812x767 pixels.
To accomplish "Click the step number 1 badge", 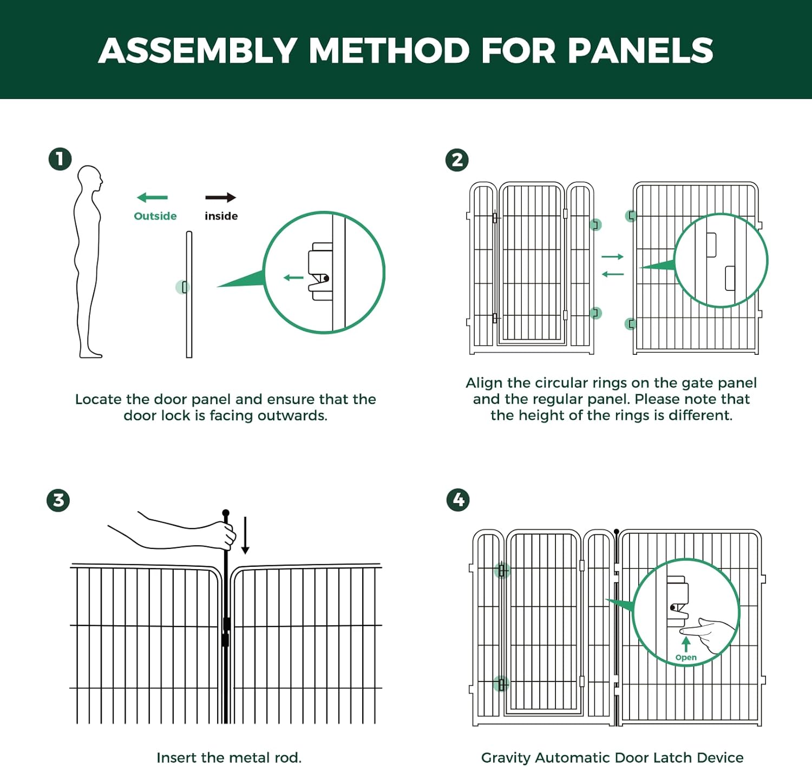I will coord(60,160).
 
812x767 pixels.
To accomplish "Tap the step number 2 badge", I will coord(457,160).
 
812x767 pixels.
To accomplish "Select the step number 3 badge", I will coord(58,500).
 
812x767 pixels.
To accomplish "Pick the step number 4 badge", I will coord(458,500).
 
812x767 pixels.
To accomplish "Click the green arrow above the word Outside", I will coord(153,198).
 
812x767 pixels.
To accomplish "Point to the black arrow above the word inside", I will coord(221,197).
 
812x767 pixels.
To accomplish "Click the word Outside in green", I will coord(155,216).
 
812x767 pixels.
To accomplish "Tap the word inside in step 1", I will coord(221,216).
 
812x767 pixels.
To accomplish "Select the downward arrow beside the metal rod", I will coord(245,535).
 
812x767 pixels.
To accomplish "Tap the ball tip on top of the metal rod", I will coord(226,513).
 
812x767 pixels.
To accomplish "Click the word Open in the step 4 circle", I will coord(686,658).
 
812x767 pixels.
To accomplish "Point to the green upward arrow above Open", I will coord(686,644).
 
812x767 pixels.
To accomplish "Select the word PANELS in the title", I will coord(640,51).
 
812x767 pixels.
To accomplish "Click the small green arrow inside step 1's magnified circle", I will coord(293,278).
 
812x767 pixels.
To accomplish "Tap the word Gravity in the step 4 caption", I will coord(505,758).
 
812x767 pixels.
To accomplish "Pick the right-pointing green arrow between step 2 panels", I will coord(613,256).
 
